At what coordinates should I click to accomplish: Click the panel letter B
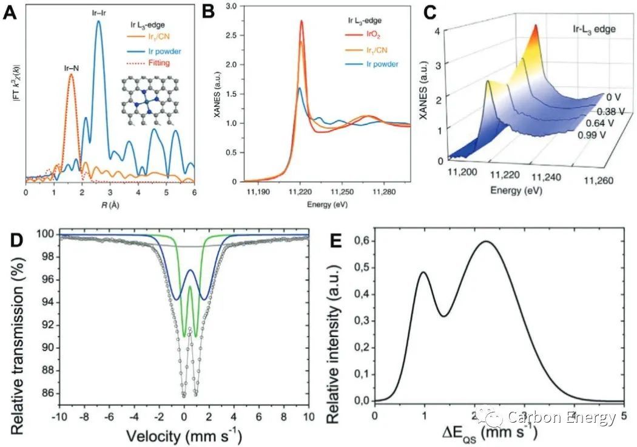208,11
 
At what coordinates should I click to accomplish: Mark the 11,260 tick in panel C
598,180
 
